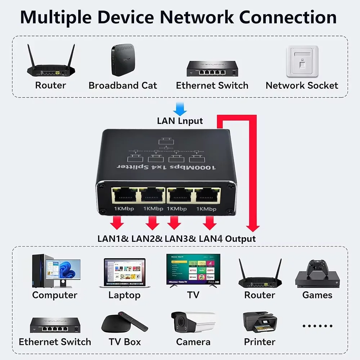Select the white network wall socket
[302, 61]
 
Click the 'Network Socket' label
[302, 85]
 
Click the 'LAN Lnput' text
[180, 121]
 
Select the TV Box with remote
[124, 323]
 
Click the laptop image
[125, 273]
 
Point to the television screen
[193, 269]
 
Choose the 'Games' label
[317, 295]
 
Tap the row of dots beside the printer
[317, 326]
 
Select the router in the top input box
[51, 63]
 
